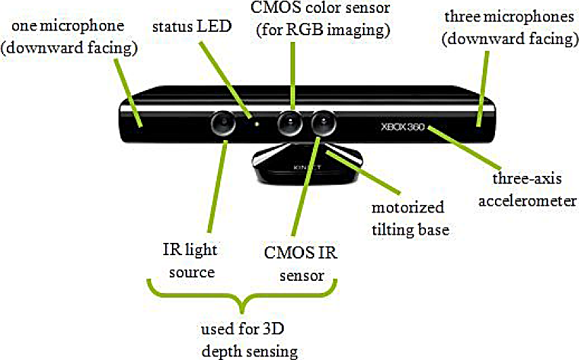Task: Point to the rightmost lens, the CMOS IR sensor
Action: (325, 122)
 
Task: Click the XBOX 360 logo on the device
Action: (402, 127)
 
